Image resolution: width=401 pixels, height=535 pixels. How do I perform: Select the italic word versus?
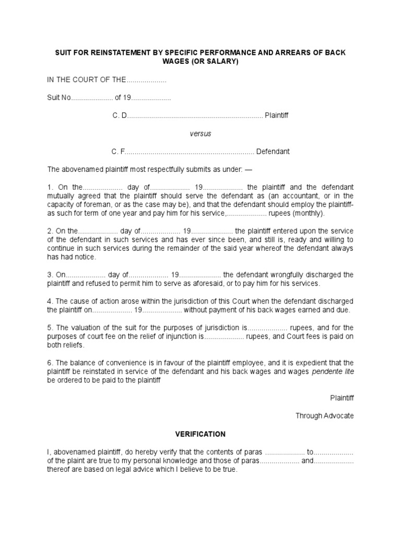click(x=200, y=133)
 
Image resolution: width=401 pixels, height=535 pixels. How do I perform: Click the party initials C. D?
click(x=120, y=115)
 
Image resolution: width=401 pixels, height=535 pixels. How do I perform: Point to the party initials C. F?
click(x=119, y=152)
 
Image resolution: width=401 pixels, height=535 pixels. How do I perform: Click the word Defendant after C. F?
click(x=273, y=152)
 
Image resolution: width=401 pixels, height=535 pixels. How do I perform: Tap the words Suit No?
click(x=59, y=98)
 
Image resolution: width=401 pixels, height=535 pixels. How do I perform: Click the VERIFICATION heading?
click(x=200, y=434)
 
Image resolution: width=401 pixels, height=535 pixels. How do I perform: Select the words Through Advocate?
click(x=325, y=416)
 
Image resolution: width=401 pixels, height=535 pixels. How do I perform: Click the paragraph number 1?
click(x=50, y=187)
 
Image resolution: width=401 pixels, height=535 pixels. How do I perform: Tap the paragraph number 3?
click(x=50, y=275)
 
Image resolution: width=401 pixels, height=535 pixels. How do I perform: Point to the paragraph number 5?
click(x=50, y=328)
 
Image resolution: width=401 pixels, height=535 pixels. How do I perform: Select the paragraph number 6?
click(x=50, y=363)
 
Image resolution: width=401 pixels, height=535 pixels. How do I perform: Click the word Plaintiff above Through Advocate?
click(x=342, y=398)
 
